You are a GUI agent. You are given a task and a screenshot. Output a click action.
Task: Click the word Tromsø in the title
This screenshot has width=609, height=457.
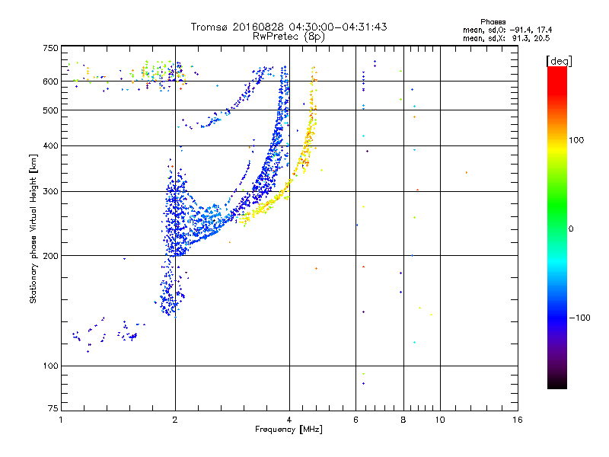click(x=210, y=27)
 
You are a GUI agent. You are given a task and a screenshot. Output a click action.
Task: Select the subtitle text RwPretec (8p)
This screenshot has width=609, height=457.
click(x=289, y=37)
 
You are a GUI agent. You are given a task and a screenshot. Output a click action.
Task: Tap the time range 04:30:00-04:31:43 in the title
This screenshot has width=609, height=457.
click(x=338, y=27)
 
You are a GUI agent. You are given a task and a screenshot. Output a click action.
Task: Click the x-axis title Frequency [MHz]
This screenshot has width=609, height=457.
click(x=289, y=430)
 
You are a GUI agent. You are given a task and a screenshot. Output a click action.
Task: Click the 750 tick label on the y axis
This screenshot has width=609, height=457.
click(x=50, y=48)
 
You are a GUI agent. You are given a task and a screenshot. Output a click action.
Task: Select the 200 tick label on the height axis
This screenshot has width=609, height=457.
click(x=50, y=256)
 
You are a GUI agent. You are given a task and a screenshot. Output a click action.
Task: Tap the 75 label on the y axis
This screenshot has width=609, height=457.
click(x=53, y=408)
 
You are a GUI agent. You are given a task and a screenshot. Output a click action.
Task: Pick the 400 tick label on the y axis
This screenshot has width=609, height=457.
click(x=50, y=145)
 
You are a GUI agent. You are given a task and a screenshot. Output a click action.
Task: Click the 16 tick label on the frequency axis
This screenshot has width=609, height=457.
click(x=518, y=420)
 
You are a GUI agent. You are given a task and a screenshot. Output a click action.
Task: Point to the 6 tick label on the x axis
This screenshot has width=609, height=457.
click(x=356, y=420)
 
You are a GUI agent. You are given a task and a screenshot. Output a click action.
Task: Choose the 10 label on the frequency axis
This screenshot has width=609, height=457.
click(x=440, y=420)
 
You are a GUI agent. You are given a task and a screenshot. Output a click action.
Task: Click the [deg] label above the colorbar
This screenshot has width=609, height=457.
click(x=559, y=61)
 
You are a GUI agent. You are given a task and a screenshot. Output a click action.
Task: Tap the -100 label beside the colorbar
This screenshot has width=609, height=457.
click(x=580, y=318)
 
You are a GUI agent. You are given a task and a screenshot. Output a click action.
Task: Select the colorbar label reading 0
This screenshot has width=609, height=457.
click(x=571, y=228)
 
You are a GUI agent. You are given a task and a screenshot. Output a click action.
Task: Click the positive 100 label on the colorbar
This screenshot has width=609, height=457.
click(x=576, y=140)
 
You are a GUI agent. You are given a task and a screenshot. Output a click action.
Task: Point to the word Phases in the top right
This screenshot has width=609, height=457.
click(x=493, y=22)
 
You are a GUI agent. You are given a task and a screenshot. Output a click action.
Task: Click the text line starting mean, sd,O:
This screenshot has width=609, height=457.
click(x=507, y=30)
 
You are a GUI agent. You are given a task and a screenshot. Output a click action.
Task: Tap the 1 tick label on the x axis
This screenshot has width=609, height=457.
click(x=61, y=420)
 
